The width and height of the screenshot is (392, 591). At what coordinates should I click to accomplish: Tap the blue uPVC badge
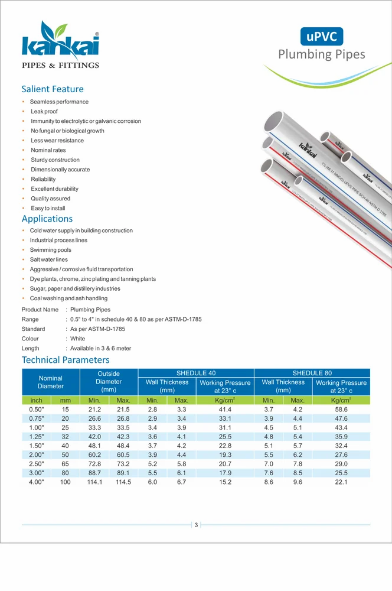pyautogui.click(x=321, y=37)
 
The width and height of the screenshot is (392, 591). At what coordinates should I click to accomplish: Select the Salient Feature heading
pyautogui.click(x=53, y=89)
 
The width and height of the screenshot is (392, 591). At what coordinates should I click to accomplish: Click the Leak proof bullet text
pyautogui.click(x=44, y=112)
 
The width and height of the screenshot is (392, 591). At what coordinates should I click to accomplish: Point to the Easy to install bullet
pyautogui.click(x=48, y=209)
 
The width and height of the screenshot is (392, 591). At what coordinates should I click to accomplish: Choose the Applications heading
pyautogui.click(x=47, y=219)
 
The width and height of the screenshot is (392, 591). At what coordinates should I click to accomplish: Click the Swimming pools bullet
pyautogui.click(x=51, y=250)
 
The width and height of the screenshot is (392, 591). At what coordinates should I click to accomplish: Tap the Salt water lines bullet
pyautogui.click(x=49, y=259)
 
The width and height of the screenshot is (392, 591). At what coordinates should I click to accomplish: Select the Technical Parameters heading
pyautogui.click(x=66, y=360)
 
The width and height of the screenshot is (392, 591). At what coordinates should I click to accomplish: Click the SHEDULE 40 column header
pyautogui.click(x=196, y=373)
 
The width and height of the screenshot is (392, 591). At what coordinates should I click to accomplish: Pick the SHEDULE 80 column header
pyautogui.click(x=312, y=373)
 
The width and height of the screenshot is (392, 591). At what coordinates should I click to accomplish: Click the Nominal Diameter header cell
pyautogui.click(x=50, y=382)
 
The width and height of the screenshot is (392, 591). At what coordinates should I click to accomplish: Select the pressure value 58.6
pyautogui.click(x=341, y=409)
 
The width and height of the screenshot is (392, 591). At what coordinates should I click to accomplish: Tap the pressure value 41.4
pyautogui.click(x=225, y=409)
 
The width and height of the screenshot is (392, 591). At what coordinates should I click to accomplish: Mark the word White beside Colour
pyautogui.click(x=77, y=339)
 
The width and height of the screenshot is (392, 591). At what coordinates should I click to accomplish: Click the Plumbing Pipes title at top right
pyautogui.click(x=322, y=55)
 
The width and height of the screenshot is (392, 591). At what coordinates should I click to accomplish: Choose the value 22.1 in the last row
pyautogui.click(x=341, y=482)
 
